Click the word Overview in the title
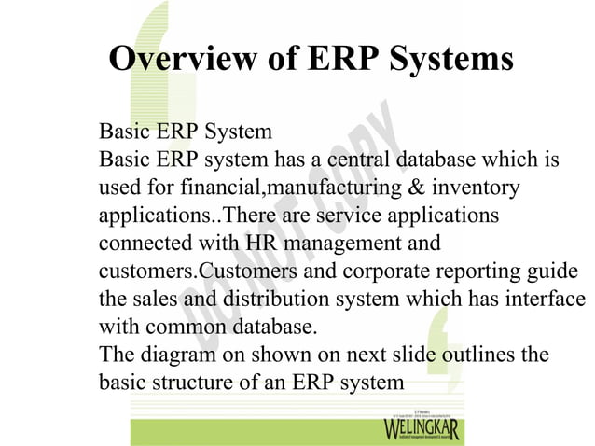coord(173,59)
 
